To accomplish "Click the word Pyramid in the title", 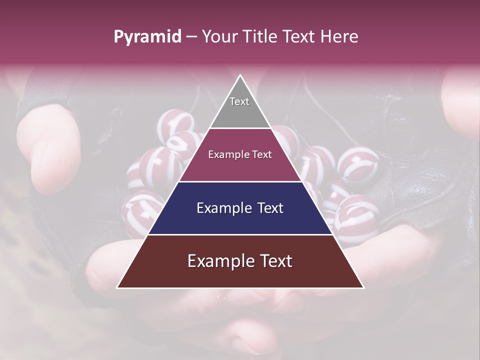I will pos(147,37).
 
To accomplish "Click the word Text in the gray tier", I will pos(239,101).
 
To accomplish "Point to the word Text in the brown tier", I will pos(274,261).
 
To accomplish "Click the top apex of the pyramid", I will pos(240,75).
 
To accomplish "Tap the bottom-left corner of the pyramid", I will pos(118,287).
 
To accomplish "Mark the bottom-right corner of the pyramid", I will pos(363,287).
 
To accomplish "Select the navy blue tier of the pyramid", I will pos(240,220).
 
